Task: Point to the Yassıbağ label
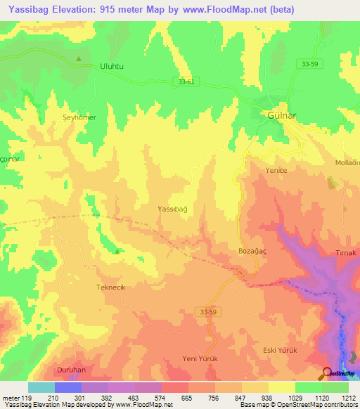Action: point(173,209)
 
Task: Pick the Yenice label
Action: point(276,171)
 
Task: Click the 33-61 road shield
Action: point(184,82)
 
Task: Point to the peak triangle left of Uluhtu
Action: point(79,58)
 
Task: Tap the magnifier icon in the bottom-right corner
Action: point(328,373)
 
